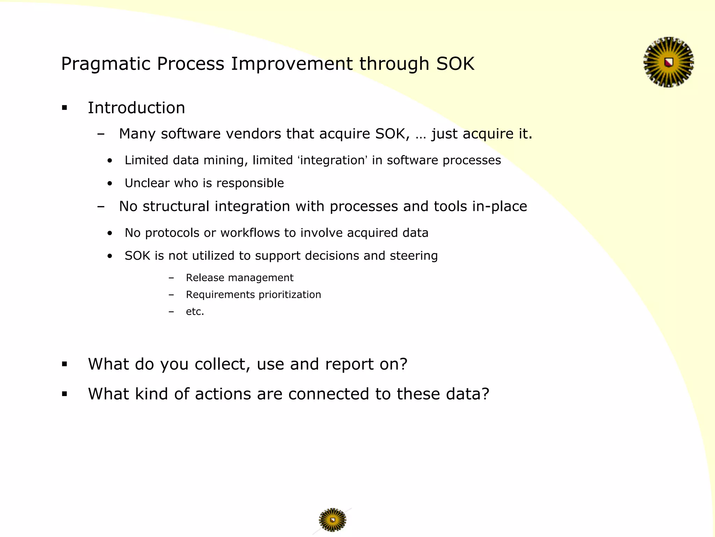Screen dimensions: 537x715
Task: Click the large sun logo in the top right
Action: (668, 62)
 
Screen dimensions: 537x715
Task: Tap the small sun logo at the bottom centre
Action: (332, 520)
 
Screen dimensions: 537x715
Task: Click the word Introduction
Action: (136, 108)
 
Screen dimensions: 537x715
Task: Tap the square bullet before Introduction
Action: (65, 108)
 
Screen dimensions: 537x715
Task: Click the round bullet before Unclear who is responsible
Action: (110, 183)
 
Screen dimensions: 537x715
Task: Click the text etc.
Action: (194, 312)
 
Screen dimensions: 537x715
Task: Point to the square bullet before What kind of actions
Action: (65, 394)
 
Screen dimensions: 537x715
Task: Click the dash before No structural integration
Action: (101, 207)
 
